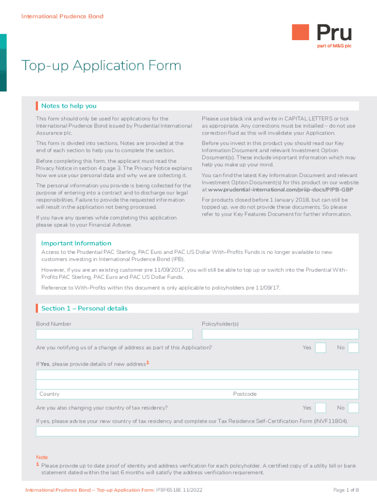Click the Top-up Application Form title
[x=101, y=66]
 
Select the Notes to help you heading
[x=69, y=106]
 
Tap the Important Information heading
[x=76, y=243]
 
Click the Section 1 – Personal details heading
[x=84, y=308]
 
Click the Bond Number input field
[x=114, y=334]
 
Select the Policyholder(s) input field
[x=280, y=334]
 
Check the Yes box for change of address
[x=321, y=347]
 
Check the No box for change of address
[x=353, y=347]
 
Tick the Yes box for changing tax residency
[x=321, y=408]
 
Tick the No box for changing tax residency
[x=353, y=408]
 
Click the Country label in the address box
[x=49, y=394]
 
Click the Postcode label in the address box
[x=245, y=394]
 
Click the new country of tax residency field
[x=197, y=431]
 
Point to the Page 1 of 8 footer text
[x=346, y=490]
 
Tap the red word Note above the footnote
[x=42, y=457]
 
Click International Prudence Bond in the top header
[x=62, y=16]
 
